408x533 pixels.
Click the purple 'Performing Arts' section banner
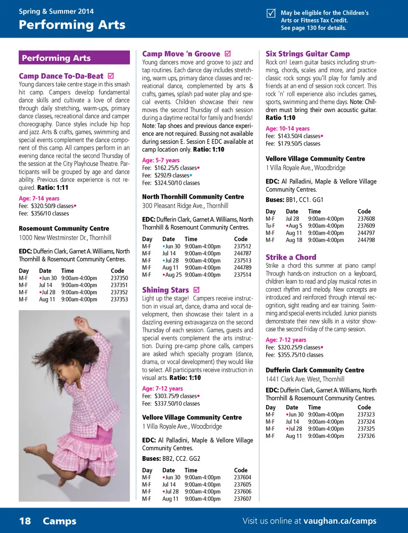point(74,58)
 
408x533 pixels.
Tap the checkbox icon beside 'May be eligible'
point(271,13)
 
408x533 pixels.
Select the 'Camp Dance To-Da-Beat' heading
point(61,76)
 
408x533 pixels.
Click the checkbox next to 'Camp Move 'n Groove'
point(228,54)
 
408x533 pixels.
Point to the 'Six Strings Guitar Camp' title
point(308,54)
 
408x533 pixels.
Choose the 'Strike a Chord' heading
point(291,257)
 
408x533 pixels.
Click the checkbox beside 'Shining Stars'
point(196,290)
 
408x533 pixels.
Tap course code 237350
point(119,278)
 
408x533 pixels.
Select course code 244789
point(242,268)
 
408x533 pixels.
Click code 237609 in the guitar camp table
point(366,226)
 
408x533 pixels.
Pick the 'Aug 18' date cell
point(294,240)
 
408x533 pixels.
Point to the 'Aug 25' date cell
point(173,275)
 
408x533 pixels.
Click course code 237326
point(366,436)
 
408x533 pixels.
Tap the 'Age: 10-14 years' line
point(287,128)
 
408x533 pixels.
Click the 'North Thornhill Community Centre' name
point(193,197)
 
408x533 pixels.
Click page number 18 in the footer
point(25,521)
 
